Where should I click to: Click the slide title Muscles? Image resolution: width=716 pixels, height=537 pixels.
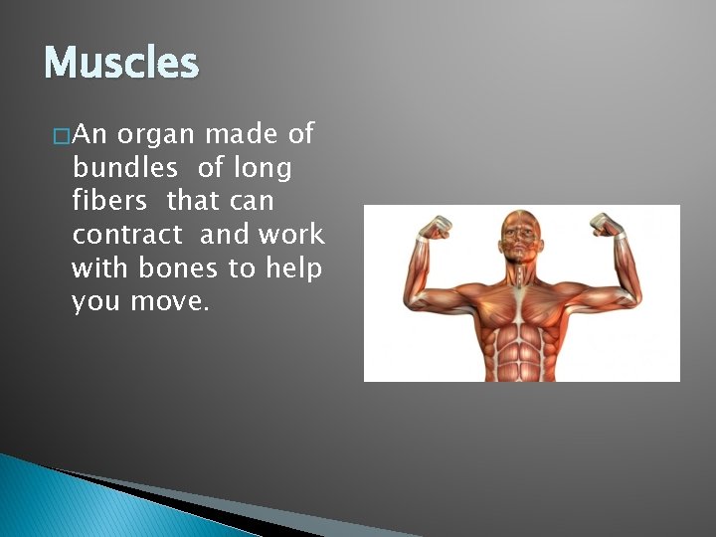click(x=121, y=64)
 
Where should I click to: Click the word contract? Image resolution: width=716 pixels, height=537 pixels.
click(x=127, y=235)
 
